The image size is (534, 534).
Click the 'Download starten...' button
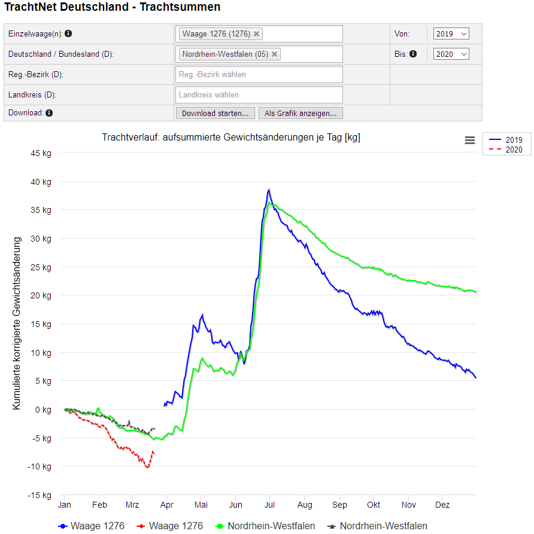click(216, 113)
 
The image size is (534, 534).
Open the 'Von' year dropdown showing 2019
click(451, 34)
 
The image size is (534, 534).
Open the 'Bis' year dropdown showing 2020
click(451, 54)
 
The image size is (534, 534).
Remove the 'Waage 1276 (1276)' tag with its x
click(257, 34)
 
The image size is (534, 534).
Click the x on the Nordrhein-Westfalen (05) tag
click(275, 54)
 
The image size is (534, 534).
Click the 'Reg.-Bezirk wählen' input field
click(259, 75)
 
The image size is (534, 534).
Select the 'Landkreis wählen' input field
click(259, 94)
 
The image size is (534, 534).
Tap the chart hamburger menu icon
click(470, 140)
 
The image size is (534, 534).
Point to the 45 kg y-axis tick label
click(41, 153)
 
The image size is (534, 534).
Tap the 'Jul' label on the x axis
click(270, 505)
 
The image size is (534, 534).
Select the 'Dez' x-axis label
click(442, 505)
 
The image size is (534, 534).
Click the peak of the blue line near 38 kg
click(269, 190)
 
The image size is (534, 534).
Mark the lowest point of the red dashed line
click(147, 467)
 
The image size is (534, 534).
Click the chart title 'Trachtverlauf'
click(231, 138)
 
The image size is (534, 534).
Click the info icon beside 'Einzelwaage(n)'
click(68, 34)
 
